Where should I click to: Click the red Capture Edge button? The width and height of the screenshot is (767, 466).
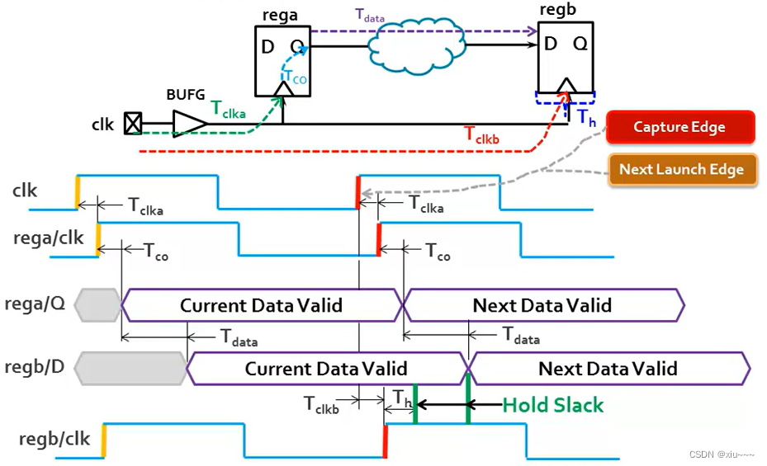[679, 127]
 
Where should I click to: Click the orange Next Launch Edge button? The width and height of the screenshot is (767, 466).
[681, 169]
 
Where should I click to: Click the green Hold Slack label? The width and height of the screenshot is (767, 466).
[553, 405]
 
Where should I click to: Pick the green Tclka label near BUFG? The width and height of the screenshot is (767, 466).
[229, 108]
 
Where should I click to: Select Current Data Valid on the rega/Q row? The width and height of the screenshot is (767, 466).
[261, 305]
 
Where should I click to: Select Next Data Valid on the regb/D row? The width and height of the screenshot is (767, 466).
[608, 369]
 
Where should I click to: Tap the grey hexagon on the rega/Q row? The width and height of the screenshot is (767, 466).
[97, 305]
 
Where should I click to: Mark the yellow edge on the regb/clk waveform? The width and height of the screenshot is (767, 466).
[103, 435]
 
